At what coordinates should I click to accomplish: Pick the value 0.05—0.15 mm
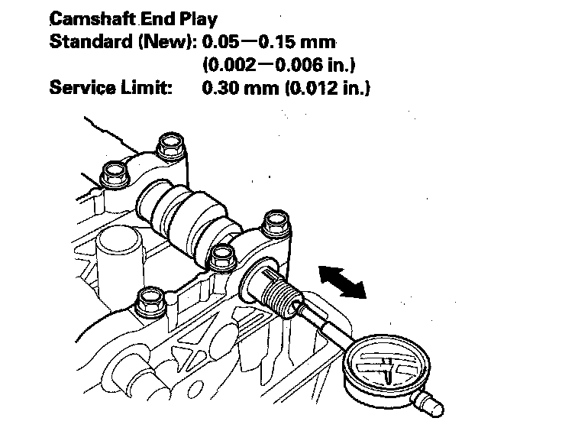(x=270, y=41)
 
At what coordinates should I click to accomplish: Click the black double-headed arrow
(x=341, y=280)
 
